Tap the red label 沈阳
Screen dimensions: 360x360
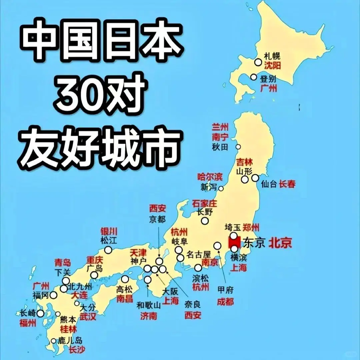click(x=272, y=65)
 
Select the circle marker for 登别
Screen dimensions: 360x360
click(x=254, y=77)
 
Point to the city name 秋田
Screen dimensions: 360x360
click(x=220, y=147)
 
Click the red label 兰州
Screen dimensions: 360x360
click(x=220, y=127)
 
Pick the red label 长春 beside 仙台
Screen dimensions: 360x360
click(x=287, y=184)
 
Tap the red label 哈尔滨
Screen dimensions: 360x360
click(x=210, y=177)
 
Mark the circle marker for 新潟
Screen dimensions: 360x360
click(x=221, y=188)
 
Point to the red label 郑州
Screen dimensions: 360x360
click(x=251, y=228)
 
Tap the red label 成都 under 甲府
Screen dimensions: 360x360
click(x=225, y=302)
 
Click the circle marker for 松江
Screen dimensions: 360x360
click(x=108, y=250)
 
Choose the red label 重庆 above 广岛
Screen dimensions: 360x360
click(x=95, y=259)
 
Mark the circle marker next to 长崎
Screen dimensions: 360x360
click(x=40, y=313)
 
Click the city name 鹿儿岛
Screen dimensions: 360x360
click(x=70, y=341)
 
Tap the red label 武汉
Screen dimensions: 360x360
click(x=88, y=316)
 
